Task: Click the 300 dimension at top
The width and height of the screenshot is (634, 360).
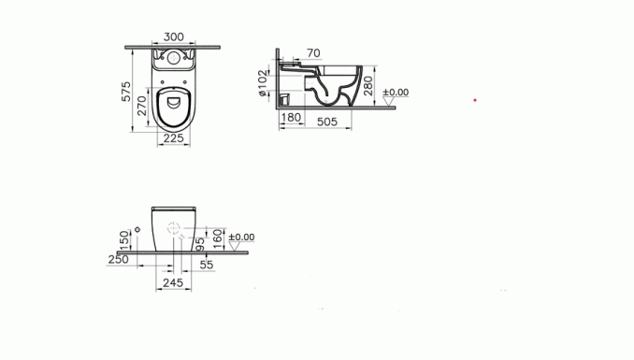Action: tap(173, 36)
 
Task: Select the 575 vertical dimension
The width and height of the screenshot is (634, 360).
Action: tap(126, 92)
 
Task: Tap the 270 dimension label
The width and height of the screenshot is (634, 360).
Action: tap(142, 106)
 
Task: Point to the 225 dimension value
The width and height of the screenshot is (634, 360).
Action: tap(173, 138)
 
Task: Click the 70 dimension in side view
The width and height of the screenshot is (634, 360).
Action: tap(313, 53)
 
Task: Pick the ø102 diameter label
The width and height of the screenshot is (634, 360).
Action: tap(263, 83)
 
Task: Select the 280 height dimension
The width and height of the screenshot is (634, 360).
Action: tap(367, 86)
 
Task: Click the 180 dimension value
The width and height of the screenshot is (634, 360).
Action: tap(291, 117)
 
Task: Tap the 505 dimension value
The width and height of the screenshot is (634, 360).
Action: tap(327, 122)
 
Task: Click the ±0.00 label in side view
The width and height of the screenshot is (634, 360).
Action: tap(396, 93)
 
